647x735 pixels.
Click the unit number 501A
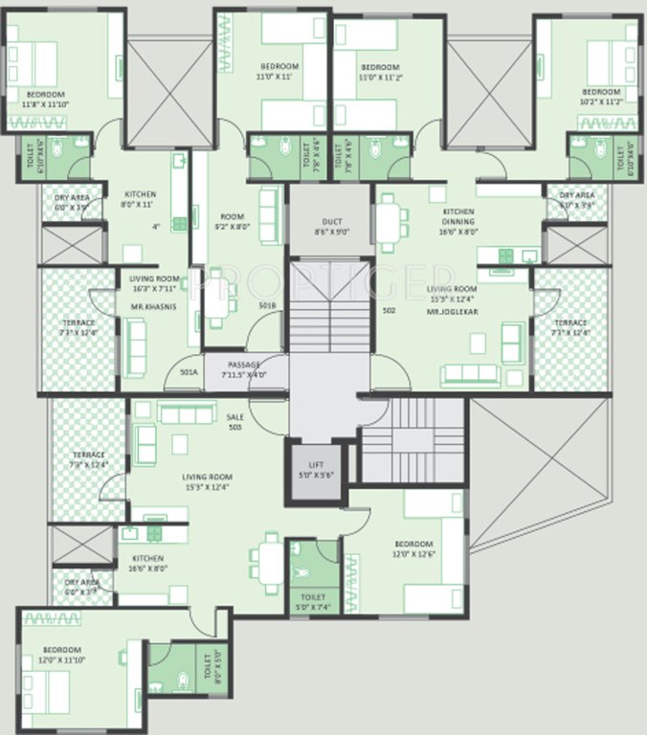[188, 372]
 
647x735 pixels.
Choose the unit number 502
[389, 310]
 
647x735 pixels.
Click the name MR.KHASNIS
[152, 307]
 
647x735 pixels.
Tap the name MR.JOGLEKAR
[452, 312]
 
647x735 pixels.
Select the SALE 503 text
[234, 422]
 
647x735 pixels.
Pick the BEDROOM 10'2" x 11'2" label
[600, 96]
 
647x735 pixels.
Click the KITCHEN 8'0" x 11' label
[138, 199]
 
